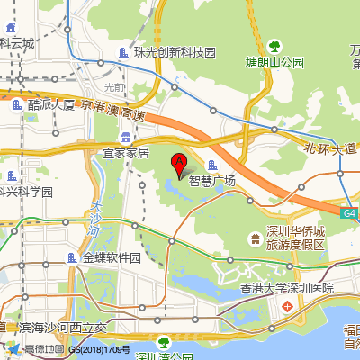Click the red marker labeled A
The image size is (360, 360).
tap(179, 164)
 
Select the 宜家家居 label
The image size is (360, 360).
tap(126, 153)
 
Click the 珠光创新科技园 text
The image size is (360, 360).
tap(175, 52)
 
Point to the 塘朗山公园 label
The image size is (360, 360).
tap(275, 63)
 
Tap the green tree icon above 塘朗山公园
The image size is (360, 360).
tap(275, 46)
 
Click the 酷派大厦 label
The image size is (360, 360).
tap(51, 104)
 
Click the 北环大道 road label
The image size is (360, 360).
tap(330, 148)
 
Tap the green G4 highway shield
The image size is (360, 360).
tap(349, 213)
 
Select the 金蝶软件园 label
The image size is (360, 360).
tap(112, 257)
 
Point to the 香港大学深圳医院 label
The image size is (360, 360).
tap(287, 288)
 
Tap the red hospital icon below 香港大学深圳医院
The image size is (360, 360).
tap(287, 306)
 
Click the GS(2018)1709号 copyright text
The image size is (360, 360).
tap(100, 349)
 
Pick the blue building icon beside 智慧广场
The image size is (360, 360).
tap(212, 165)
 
